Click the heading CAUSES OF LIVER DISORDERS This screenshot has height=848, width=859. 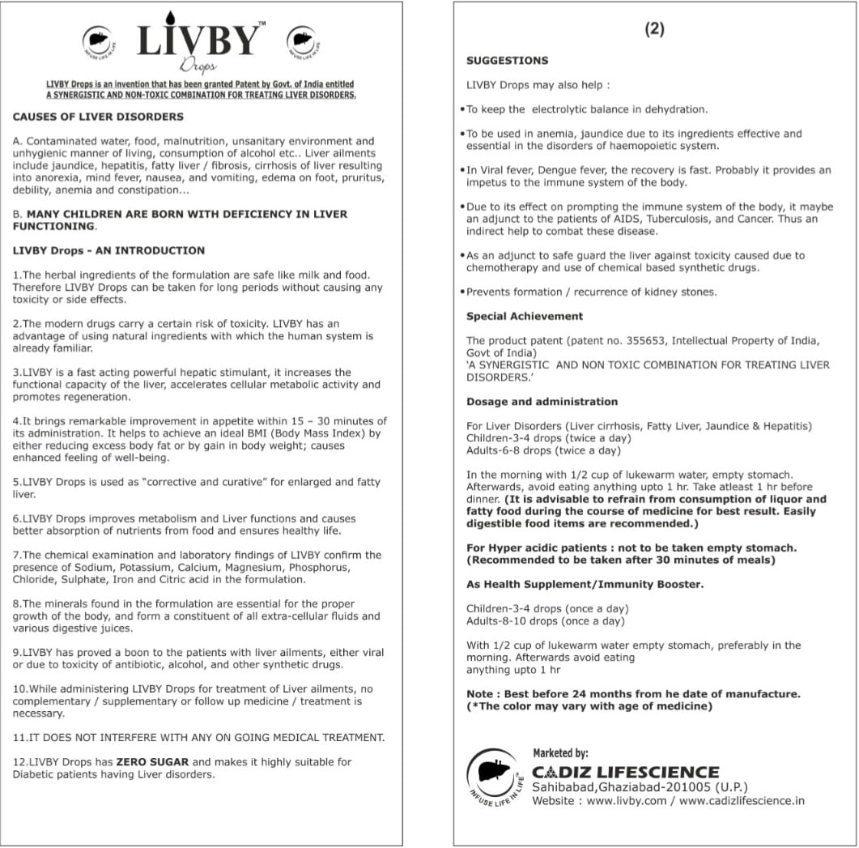pos(98,117)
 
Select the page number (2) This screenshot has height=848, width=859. pos(654,29)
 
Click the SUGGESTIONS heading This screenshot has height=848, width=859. pos(507,61)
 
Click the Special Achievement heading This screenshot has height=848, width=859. pos(524,317)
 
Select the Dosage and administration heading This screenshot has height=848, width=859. pos(542,402)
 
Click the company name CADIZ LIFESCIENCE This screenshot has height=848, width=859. pos(625,772)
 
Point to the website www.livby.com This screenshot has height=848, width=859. pos(626,801)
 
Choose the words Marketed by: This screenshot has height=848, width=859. pos(560,753)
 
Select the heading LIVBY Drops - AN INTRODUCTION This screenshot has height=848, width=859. pos(108,251)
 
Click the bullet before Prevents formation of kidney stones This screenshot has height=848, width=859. pos(461,292)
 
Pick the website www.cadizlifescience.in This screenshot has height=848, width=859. pos(742,801)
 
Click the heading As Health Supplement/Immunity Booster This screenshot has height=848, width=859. pos(585,585)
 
